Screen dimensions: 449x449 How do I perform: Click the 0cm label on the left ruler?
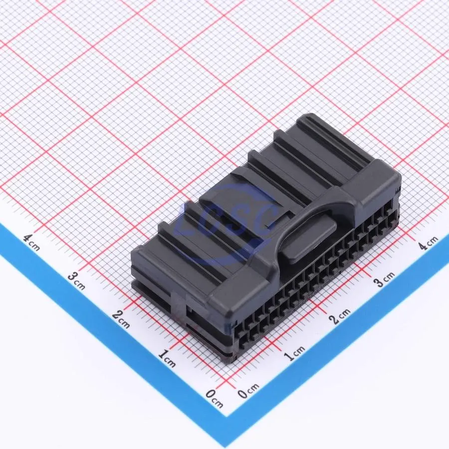(215, 399)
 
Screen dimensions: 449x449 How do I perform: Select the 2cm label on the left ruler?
(121, 319)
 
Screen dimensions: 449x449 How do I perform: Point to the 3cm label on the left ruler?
(77, 281)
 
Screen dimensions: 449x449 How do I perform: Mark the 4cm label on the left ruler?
(32, 242)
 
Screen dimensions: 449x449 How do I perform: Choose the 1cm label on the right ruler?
(294, 353)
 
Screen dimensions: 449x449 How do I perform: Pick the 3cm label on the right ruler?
(384, 278)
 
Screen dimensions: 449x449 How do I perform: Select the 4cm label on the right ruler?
(428, 242)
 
